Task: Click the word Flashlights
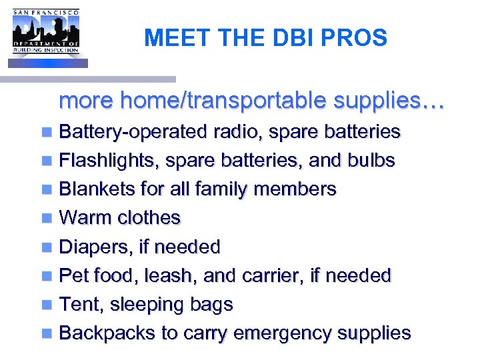click(109, 161)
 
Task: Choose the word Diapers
click(95, 247)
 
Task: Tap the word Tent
click(81, 304)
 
